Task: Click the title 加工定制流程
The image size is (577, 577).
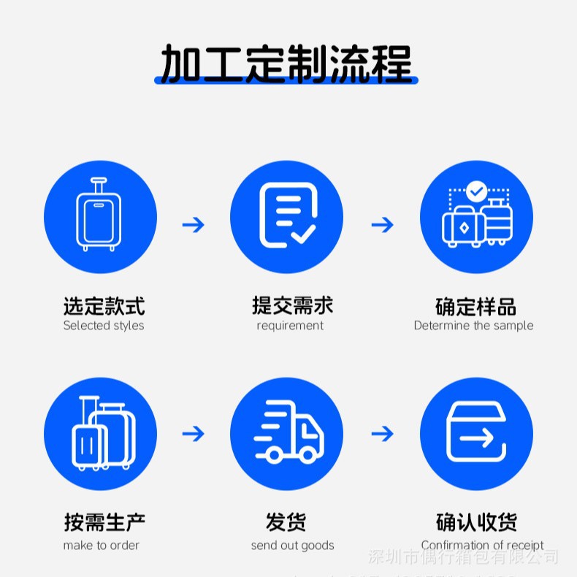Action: click(x=286, y=64)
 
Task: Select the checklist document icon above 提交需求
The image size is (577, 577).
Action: click(x=287, y=216)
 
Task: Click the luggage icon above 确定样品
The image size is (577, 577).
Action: click(x=476, y=218)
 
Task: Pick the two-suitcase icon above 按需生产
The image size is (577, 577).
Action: click(x=102, y=434)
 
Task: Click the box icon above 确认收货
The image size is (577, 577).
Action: click(x=476, y=434)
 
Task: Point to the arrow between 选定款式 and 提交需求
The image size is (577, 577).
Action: click(x=194, y=224)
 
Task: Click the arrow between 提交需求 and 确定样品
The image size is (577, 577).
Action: click(x=382, y=224)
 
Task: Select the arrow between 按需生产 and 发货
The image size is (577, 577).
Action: click(x=194, y=434)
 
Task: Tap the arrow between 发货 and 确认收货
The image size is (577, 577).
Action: click(x=382, y=434)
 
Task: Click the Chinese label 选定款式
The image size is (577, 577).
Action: click(x=104, y=306)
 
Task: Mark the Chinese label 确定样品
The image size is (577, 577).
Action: click(x=475, y=306)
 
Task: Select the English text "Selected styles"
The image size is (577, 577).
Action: click(x=104, y=326)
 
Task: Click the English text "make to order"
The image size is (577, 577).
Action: click(x=101, y=545)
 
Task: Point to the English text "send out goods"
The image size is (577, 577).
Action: click(x=292, y=545)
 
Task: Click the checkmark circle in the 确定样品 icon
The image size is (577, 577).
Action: click(x=477, y=191)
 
